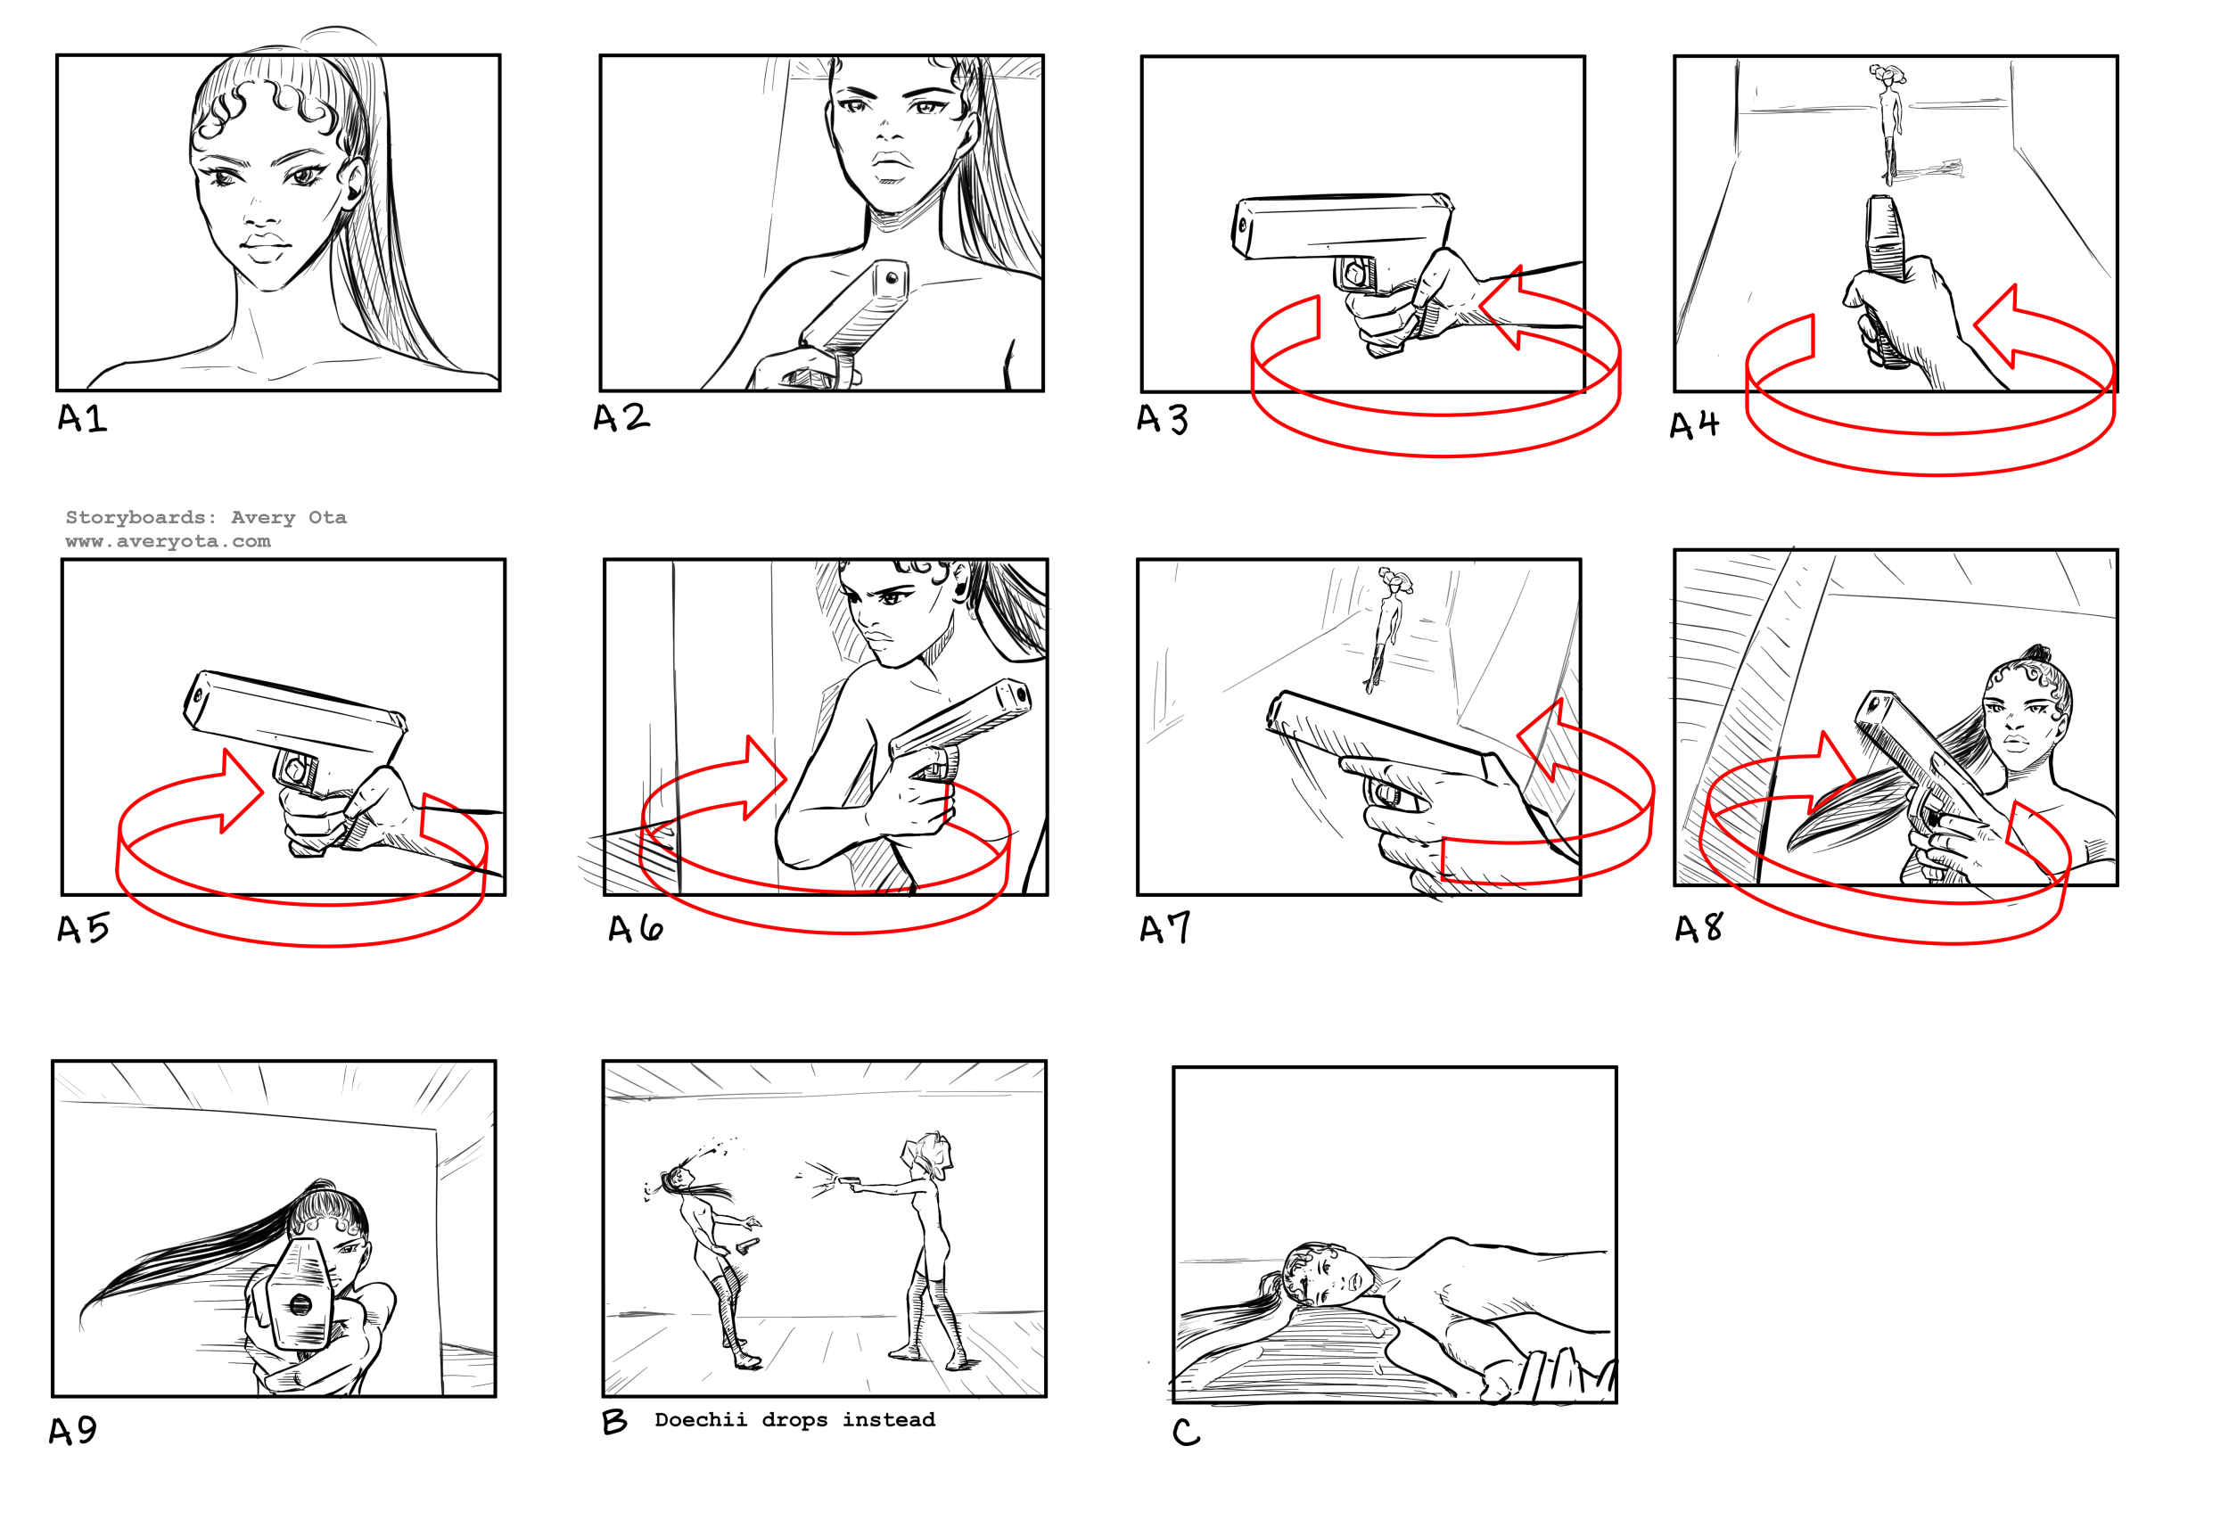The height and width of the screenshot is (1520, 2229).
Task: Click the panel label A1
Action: [x=83, y=418]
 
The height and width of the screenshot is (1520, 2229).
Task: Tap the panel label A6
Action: [x=635, y=928]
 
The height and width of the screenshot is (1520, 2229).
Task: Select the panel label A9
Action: [x=73, y=1431]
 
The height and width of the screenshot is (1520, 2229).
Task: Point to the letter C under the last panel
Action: [x=1186, y=1432]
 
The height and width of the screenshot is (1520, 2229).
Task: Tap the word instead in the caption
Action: [x=888, y=1420]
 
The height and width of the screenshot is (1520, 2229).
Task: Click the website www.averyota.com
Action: [x=168, y=541]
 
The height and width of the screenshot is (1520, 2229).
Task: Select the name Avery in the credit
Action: [x=263, y=518]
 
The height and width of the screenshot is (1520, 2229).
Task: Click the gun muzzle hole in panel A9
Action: [x=300, y=1304]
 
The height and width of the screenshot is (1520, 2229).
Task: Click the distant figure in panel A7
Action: [x=1388, y=629]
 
